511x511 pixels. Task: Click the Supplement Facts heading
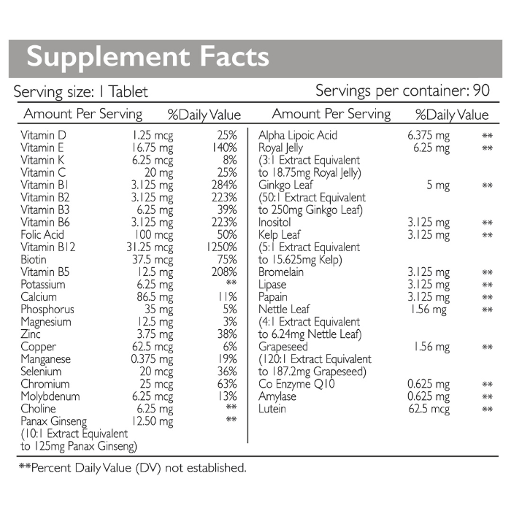pos(147,58)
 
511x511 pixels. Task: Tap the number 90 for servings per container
pos(481,91)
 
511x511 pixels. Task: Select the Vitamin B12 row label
pos(48,247)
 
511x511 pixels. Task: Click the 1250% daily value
pos(222,247)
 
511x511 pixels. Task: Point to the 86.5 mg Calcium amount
pos(155,297)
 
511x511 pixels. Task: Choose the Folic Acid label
pos(42,234)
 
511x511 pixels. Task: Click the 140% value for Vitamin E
pos(224,147)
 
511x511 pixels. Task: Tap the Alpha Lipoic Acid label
pos(298,135)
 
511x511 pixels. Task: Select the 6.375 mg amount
pos(429,136)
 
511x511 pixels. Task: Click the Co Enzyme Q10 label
pos(296,384)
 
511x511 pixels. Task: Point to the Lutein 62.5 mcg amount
pos(429,409)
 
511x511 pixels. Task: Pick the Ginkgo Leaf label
pos(285,185)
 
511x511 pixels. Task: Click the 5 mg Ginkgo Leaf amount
pos(438,185)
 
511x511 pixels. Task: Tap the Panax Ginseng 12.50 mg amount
pos(153,421)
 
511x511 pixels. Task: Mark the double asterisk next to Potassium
pos(231,283)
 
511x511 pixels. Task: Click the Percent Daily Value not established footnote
pos(132,468)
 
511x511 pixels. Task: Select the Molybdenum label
pos(50,396)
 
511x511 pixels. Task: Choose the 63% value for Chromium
pos(227,384)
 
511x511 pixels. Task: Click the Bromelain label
pos(281,272)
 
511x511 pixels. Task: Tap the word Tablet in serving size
pos(128,91)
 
